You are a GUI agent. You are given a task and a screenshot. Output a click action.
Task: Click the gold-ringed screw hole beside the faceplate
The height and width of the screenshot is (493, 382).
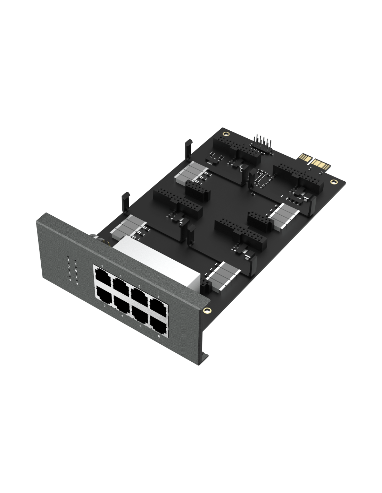click(207, 310)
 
